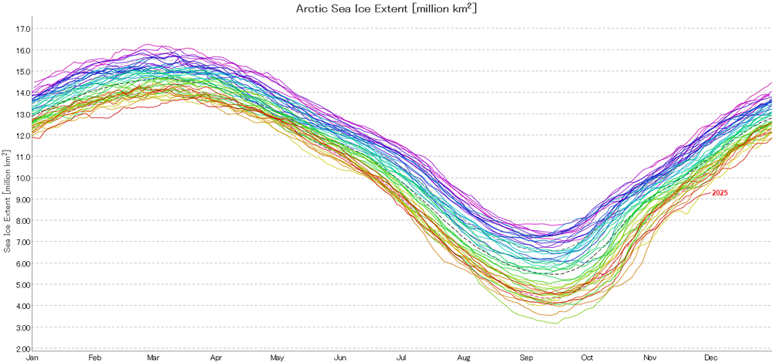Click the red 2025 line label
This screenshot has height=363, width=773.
[x=720, y=192]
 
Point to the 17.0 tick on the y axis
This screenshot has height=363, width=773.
[x=22, y=29]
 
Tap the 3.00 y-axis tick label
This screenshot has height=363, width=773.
[x=22, y=327]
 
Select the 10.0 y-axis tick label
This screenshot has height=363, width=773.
[x=22, y=178]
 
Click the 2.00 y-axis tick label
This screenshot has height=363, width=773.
[x=22, y=349]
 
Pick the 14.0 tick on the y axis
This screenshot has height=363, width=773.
[x=22, y=93]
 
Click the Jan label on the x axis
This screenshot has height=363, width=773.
[x=32, y=358]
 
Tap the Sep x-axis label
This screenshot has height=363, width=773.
[x=526, y=358]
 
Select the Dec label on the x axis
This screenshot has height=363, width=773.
[x=710, y=358]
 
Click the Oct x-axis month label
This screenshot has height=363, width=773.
[x=587, y=358]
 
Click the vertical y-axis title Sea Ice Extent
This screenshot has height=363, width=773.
[x=7, y=201]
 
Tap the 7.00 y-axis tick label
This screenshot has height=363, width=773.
[x=22, y=243]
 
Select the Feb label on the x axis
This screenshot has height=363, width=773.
[x=95, y=358]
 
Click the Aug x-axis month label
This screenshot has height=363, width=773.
[x=464, y=358]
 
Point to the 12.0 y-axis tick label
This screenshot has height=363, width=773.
[x=22, y=136]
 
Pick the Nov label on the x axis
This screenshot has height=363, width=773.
[x=649, y=358]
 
